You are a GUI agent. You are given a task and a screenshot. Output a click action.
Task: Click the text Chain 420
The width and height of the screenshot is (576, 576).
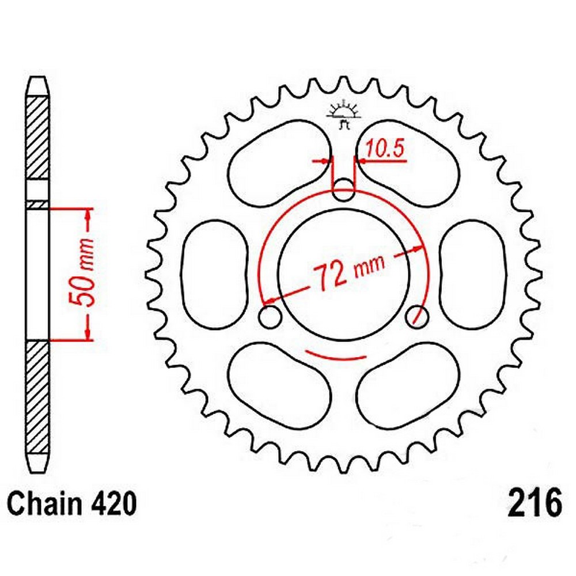[x=73, y=505]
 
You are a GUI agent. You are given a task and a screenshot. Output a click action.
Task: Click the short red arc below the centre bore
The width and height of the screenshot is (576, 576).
[x=336, y=355]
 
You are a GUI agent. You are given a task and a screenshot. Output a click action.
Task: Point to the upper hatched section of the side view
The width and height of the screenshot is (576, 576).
[x=38, y=138]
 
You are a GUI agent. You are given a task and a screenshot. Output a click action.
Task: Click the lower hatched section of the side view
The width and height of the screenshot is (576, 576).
[x=38, y=397]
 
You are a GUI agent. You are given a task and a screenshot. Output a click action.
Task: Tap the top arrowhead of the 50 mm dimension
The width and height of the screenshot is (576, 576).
[x=88, y=214]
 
